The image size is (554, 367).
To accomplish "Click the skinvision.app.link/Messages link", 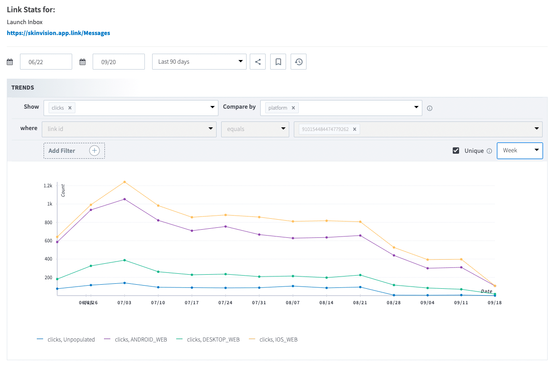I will [x=58, y=33].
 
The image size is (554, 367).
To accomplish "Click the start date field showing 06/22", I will [x=46, y=62].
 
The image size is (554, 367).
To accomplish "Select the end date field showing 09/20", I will [x=119, y=62].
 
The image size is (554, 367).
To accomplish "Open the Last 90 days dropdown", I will [x=199, y=62].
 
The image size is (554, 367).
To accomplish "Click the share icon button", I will [x=257, y=62].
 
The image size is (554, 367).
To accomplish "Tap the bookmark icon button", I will [x=278, y=62].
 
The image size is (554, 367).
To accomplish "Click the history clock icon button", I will [x=298, y=62].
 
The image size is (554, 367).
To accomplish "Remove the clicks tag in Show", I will [x=70, y=108].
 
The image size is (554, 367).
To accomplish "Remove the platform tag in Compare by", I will [x=293, y=108].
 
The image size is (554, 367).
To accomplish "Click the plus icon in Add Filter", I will [x=94, y=151].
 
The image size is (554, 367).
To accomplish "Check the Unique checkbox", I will [x=456, y=151].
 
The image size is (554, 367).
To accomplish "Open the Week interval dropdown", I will [x=519, y=151].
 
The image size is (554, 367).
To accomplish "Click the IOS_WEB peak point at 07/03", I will [x=124, y=182].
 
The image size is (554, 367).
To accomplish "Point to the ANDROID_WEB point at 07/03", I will [x=124, y=199].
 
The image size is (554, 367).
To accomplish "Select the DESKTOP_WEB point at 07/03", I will [x=124, y=260].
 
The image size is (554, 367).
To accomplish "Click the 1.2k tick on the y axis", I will [x=48, y=186].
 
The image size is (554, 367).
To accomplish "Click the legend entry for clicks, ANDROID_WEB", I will [x=135, y=339].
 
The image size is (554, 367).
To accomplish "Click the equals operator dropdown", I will [x=255, y=129].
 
